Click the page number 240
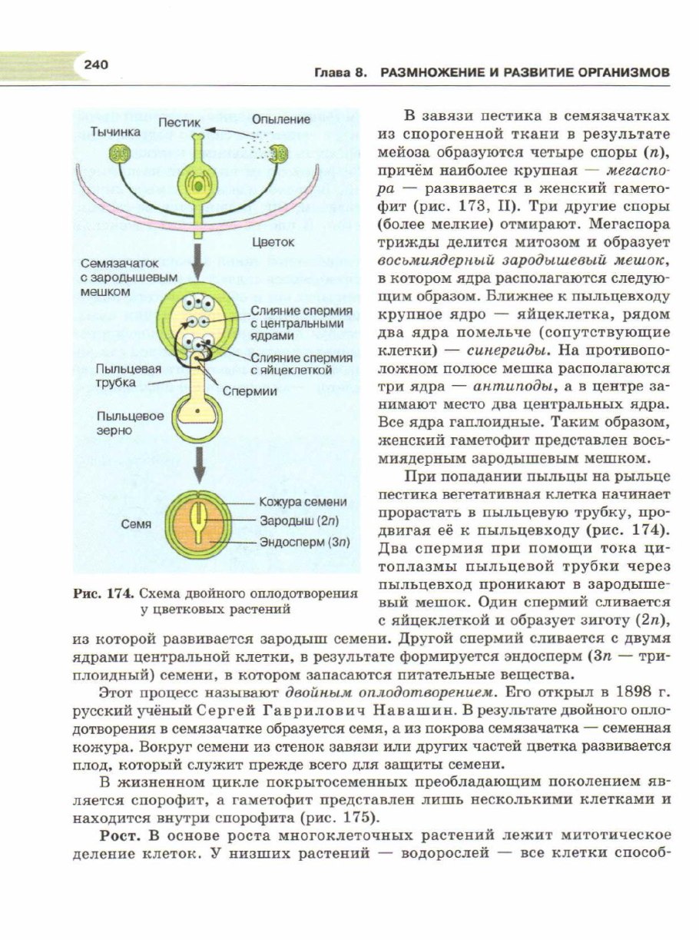click(x=98, y=65)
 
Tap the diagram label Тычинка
click(x=116, y=131)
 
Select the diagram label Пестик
click(x=180, y=122)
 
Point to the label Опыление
click(x=281, y=119)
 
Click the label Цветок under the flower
click(x=273, y=241)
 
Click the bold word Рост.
click(x=119, y=835)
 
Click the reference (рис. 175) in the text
click(x=338, y=816)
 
